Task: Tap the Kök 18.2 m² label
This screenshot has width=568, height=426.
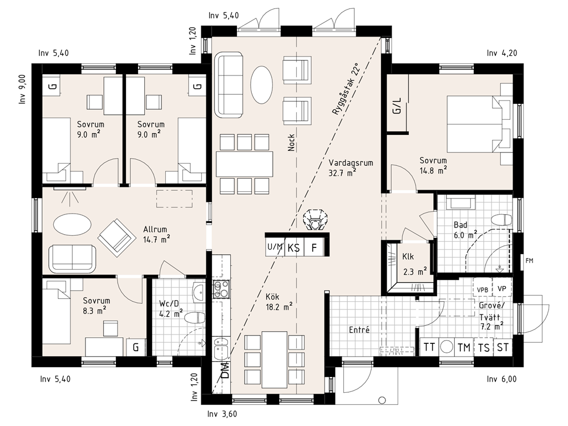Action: [279, 302]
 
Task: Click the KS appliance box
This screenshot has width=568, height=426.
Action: [294, 248]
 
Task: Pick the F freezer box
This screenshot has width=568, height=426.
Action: [314, 248]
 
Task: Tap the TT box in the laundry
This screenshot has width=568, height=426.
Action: [429, 347]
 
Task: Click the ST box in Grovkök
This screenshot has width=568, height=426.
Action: [503, 347]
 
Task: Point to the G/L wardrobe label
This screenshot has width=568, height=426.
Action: [397, 105]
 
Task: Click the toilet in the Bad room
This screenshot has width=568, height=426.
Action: [501, 220]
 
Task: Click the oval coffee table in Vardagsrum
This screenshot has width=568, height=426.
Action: [261, 85]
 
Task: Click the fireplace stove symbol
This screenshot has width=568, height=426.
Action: [316, 220]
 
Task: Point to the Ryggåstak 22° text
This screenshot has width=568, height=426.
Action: [346, 89]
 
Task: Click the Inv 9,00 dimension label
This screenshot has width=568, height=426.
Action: [22, 89]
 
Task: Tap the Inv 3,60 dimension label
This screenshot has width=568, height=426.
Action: [223, 414]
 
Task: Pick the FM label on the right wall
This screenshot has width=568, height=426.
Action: [529, 261]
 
